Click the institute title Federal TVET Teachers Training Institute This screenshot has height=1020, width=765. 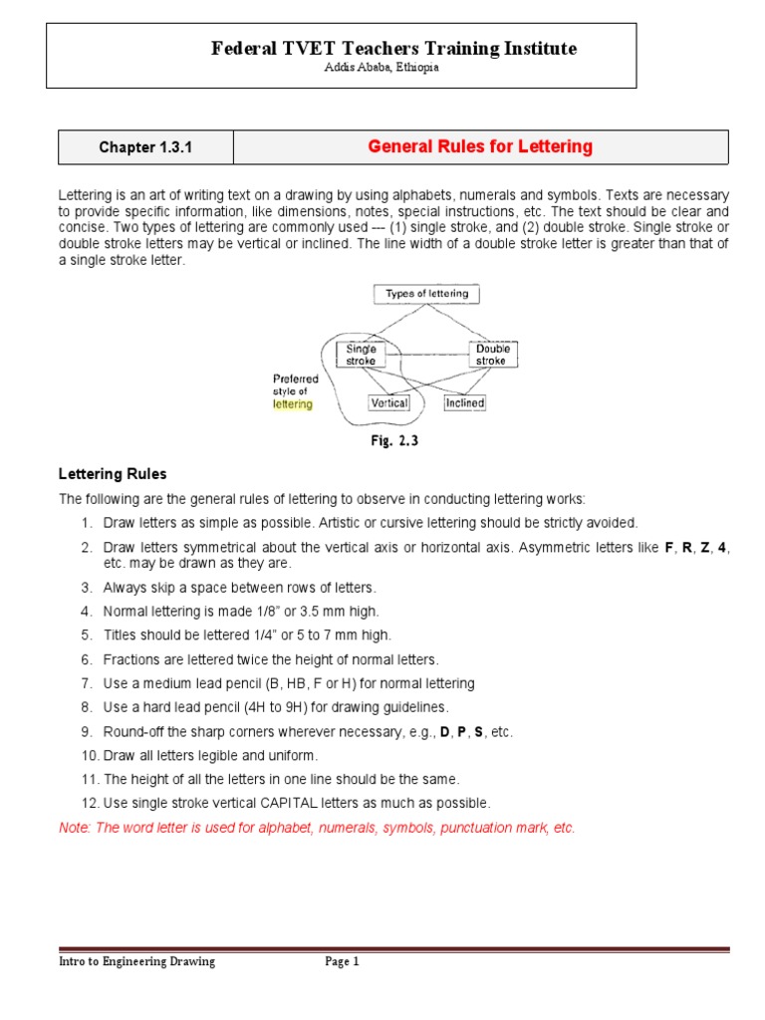pyautogui.click(x=393, y=48)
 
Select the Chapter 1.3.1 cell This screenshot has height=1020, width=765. pyautogui.click(x=145, y=147)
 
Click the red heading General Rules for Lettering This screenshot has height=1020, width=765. pyautogui.click(x=480, y=147)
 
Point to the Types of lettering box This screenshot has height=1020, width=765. pyautogui.click(x=426, y=294)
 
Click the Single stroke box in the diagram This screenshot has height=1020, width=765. pyautogui.click(x=361, y=355)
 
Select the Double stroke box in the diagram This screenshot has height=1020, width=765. pyautogui.click(x=492, y=355)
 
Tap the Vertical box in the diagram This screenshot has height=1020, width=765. pyautogui.click(x=388, y=403)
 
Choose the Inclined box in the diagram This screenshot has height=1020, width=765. pyautogui.click(x=464, y=403)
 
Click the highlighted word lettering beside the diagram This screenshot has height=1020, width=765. pyautogui.click(x=293, y=404)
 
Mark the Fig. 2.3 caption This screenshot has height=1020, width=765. pyautogui.click(x=394, y=440)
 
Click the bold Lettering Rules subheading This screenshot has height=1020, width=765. pyautogui.click(x=113, y=474)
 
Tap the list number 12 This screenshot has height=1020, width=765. pyautogui.click(x=86, y=803)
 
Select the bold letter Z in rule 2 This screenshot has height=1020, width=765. pyautogui.click(x=705, y=548)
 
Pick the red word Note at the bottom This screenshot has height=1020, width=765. pyautogui.click(x=75, y=828)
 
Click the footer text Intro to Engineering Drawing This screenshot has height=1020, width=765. pyautogui.click(x=136, y=962)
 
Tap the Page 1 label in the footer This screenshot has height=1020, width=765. pyautogui.click(x=342, y=962)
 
